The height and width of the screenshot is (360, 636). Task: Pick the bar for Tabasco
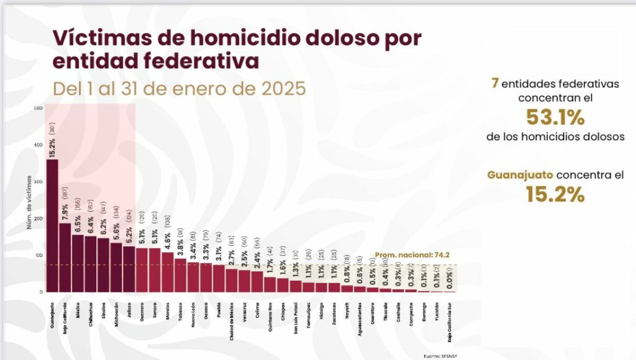pos(180,276)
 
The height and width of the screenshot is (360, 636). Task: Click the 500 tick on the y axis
pos(39,108)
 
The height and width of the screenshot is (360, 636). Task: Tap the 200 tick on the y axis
pos(39,218)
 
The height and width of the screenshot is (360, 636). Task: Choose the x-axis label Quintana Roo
pos(270,317)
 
